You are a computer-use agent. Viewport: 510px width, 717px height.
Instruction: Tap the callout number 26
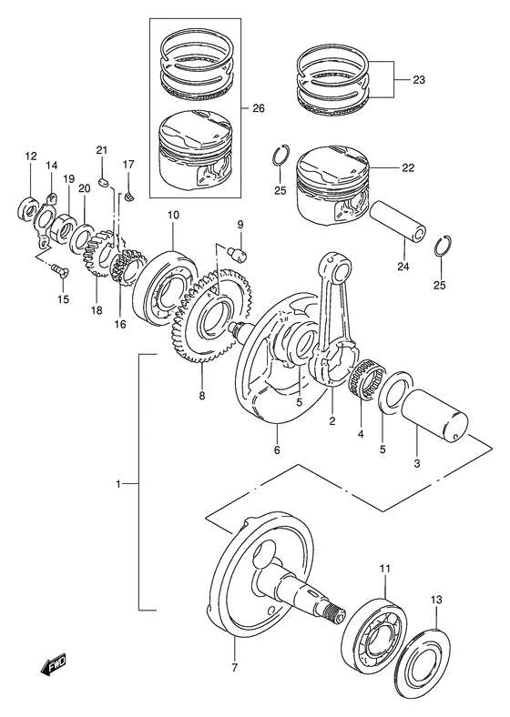pyautogui.click(x=259, y=108)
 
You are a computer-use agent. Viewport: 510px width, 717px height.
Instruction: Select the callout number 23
pyautogui.click(x=418, y=80)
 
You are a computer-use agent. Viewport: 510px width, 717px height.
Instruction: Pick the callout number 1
pyautogui.click(x=118, y=484)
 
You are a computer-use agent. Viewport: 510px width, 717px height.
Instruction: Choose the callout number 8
pyautogui.click(x=202, y=395)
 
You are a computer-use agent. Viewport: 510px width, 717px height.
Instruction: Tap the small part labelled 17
pyautogui.click(x=129, y=197)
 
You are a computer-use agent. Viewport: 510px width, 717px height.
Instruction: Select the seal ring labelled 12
pyautogui.click(x=28, y=208)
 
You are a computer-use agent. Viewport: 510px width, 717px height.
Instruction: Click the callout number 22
pyautogui.click(x=407, y=167)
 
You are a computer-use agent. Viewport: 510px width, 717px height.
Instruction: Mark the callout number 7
pyautogui.click(x=234, y=668)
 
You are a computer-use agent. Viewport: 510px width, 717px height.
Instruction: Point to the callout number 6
pyautogui.click(x=277, y=449)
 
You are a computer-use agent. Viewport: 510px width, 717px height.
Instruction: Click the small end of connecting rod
pyautogui.click(x=338, y=267)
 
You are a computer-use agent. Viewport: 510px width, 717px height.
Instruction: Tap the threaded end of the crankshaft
pyautogui.click(x=334, y=612)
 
